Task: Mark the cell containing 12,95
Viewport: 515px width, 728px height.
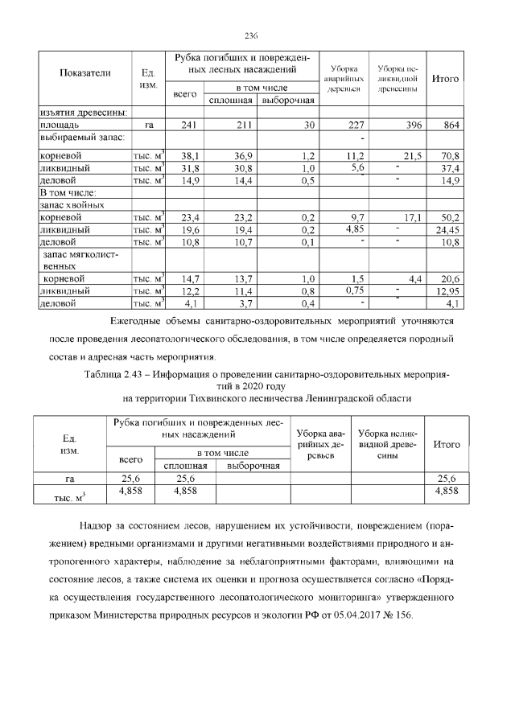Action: tap(447, 290)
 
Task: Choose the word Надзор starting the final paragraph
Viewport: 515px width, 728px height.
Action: tap(96, 525)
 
